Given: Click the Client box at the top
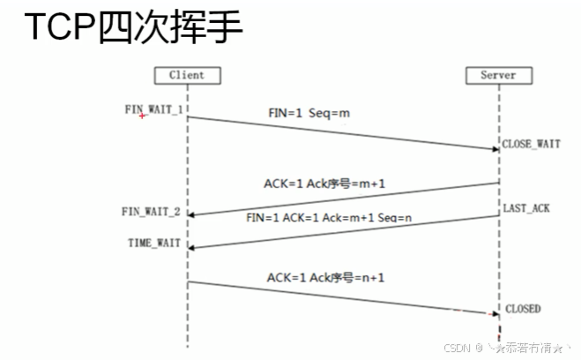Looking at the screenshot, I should click(x=188, y=75).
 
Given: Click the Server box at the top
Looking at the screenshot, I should click(x=497, y=75).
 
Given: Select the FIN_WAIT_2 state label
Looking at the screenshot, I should click(x=151, y=212).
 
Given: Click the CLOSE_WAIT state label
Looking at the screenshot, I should click(x=531, y=143).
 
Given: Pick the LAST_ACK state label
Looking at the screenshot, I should click(x=526, y=208).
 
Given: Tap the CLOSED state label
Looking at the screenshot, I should click(x=523, y=309).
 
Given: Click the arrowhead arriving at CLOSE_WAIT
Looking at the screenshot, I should click(x=495, y=149).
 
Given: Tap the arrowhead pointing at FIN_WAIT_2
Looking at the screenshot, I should click(x=191, y=215).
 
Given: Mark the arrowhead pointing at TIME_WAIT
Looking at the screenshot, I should click(x=191, y=248).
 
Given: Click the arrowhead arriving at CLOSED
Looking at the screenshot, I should click(x=495, y=313).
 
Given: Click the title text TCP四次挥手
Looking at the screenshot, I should click(x=132, y=28).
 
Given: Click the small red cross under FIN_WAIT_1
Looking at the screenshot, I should click(x=143, y=116).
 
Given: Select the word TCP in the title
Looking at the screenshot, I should click(x=56, y=28).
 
